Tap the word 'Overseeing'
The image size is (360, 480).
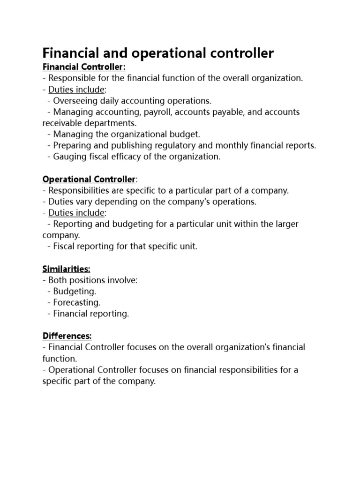(75, 101)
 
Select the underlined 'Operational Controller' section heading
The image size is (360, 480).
(89, 180)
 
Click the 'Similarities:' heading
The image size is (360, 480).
(66, 269)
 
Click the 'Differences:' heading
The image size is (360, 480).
(67, 337)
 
